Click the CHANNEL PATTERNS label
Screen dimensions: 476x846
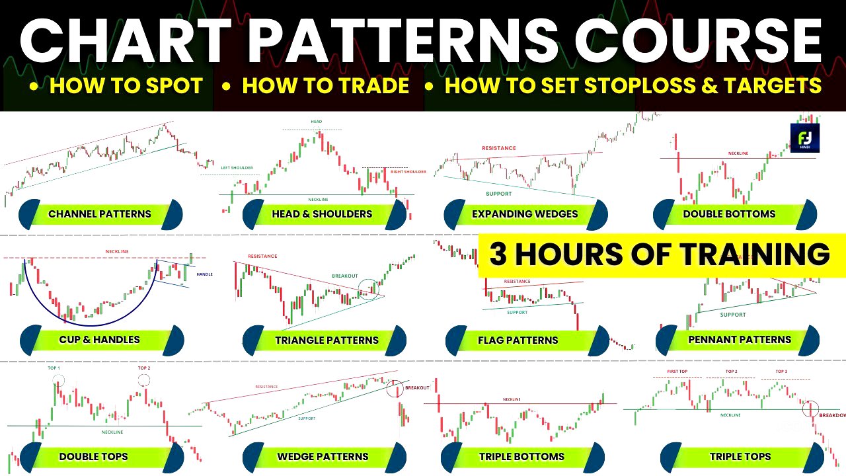coord(100,214)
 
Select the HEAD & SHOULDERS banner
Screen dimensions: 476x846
coord(322,214)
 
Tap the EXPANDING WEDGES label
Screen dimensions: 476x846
coord(525,214)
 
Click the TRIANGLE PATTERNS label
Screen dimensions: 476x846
coord(327,340)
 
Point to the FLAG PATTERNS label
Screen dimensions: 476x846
coord(527,340)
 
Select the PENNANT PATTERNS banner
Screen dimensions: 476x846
coord(739,340)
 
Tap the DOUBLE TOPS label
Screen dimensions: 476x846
coord(93,457)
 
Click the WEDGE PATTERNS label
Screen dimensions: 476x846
coord(323,457)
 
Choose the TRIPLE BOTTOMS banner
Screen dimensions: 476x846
coord(521,457)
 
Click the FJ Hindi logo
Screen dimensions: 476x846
coord(804,138)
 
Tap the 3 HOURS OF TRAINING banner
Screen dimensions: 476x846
coord(661,255)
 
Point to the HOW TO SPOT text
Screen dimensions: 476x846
coord(126,86)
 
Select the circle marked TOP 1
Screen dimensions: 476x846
coord(59,380)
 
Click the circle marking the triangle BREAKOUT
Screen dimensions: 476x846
coord(368,288)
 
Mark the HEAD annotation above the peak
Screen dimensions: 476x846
coord(316,122)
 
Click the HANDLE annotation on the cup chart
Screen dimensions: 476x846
coord(204,274)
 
